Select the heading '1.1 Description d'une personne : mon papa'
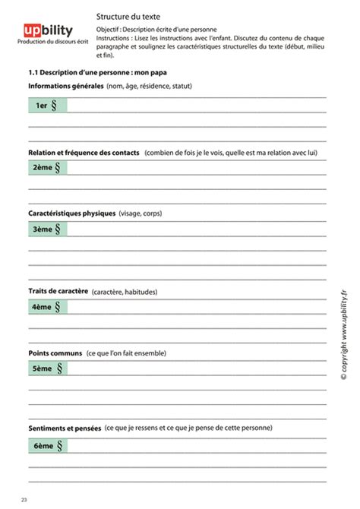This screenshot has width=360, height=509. pos(98,73)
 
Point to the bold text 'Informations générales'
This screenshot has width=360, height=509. pos(65,87)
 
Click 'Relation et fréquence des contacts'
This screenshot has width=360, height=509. pos(84,153)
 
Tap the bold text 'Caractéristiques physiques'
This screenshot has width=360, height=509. pos(71,213)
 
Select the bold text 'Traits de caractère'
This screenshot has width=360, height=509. pos(58,291)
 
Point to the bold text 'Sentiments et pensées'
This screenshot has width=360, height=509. pos(65,429)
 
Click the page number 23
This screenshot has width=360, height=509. pos(24,499)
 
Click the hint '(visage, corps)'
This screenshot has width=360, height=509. pos(141,213)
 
